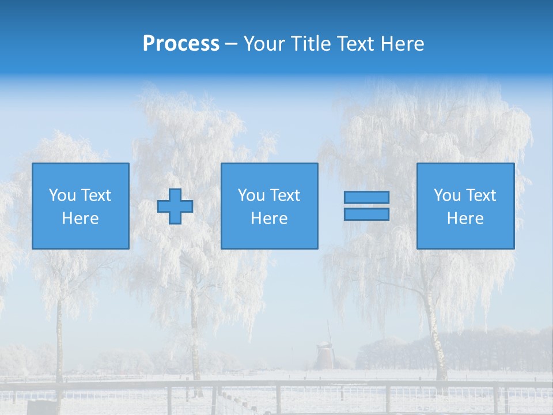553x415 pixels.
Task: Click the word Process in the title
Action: pyautogui.click(x=181, y=44)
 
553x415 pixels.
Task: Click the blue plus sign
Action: pyautogui.click(x=175, y=206)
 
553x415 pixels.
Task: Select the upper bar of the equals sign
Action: pyautogui.click(x=366, y=198)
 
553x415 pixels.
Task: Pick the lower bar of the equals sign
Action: pyautogui.click(x=366, y=214)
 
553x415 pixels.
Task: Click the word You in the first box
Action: pyautogui.click(x=62, y=195)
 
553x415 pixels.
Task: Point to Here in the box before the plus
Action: pyautogui.click(x=81, y=218)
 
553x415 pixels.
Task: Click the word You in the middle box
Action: pyautogui.click(x=251, y=195)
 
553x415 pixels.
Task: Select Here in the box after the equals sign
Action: pyautogui.click(x=465, y=218)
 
